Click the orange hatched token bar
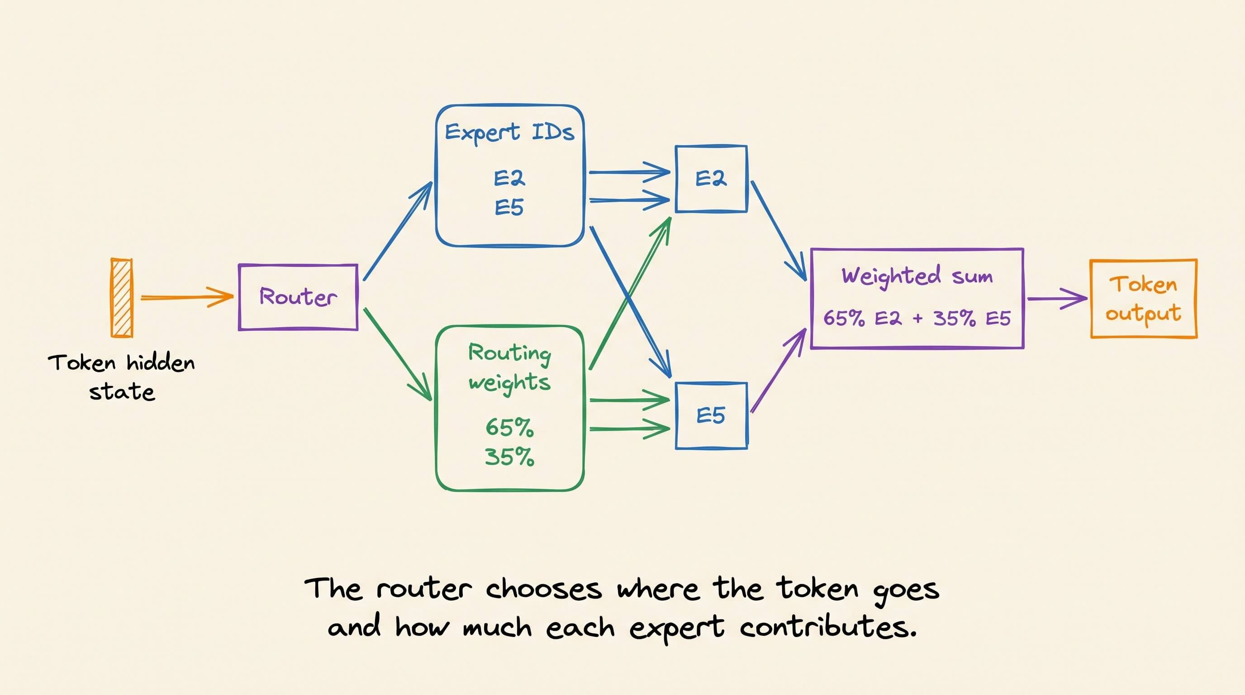coord(121,297)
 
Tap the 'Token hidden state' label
coord(121,377)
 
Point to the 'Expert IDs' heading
coord(509,132)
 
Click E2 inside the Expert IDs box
coord(509,178)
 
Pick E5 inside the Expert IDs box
coord(509,207)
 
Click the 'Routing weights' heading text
coord(509,368)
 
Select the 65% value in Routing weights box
coord(509,427)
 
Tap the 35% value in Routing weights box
coord(509,457)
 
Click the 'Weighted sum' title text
coord(917,276)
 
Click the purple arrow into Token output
coord(1057,299)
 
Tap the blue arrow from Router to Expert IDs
coord(398,231)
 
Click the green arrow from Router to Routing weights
coord(398,355)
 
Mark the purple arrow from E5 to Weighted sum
coord(779,370)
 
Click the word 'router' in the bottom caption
coord(424,589)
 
